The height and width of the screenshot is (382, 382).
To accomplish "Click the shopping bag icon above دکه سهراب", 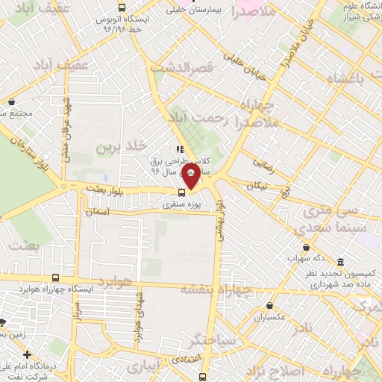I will tap(306, 248).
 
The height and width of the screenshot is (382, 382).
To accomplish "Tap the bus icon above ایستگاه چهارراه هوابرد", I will tap(55, 278).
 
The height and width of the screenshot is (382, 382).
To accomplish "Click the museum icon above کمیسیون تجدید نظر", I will tap(341, 262).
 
